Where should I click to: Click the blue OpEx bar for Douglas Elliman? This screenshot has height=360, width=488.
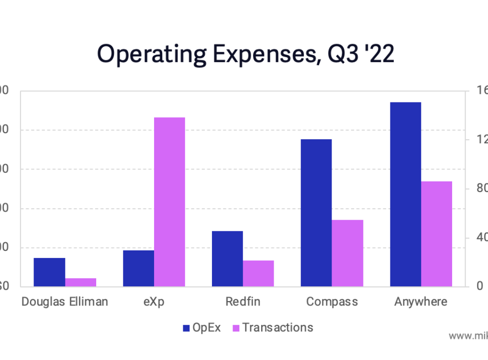pos(49,272)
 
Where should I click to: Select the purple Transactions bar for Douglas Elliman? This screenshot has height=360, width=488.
pos(80,282)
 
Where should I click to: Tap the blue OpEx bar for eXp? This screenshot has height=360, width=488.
pos(138,268)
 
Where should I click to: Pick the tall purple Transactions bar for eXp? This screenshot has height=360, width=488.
pos(169,202)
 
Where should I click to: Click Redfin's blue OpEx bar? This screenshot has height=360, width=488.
pos(227,259)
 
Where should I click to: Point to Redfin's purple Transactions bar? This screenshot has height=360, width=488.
pos(258,273)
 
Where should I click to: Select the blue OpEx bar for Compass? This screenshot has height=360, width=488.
pos(316,213)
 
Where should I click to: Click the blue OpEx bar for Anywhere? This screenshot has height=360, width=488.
pos(406,194)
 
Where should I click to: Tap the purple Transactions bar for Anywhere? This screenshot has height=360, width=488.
pos(437,234)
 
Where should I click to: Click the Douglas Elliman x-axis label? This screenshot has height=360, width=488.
pos(65,302)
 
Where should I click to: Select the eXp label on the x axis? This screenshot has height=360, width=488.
pos(154,302)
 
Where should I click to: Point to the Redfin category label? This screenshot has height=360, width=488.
pos(243,302)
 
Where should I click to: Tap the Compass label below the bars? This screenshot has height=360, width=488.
pos(332,302)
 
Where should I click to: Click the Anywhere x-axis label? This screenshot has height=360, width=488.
pos(421,302)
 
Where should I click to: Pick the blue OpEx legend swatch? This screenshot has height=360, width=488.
pos(187,328)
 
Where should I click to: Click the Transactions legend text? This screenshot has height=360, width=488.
pos(277,327)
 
